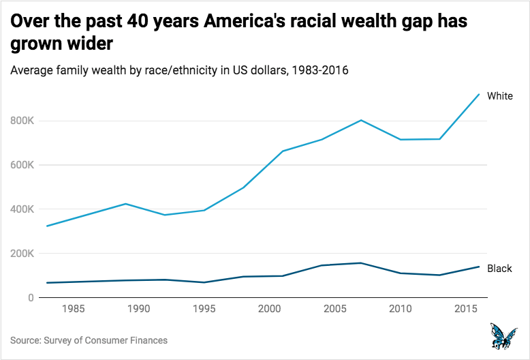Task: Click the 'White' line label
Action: click(500, 96)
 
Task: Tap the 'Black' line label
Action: click(499, 269)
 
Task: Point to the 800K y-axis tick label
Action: click(22, 121)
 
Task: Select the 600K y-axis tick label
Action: click(22, 165)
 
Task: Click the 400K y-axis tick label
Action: click(22, 209)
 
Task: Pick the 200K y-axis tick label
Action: click(22, 254)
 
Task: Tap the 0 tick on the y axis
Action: click(31, 298)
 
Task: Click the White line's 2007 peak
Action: click(360, 120)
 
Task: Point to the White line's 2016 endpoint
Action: click(479, 94)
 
